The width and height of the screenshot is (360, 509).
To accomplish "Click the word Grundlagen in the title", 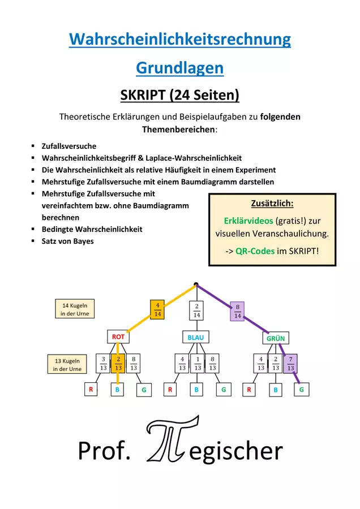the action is click(179, 68).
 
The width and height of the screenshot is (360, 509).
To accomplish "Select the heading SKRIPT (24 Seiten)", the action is click(179, 95).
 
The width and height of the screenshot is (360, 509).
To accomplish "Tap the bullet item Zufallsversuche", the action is click(69, 146).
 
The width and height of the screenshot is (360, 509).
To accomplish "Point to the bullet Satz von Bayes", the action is click(67, 241).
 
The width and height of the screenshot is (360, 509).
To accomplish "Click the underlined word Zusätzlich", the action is click(272, 204).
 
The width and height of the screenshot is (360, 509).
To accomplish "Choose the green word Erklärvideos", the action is click(248, 221).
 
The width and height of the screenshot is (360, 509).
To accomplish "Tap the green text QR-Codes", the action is click(255, 251).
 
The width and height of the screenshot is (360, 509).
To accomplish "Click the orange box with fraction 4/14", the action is click(157, 310).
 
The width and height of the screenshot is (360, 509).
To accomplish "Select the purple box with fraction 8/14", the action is click(238, 311).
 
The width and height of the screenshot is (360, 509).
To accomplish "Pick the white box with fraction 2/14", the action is click(196, 310).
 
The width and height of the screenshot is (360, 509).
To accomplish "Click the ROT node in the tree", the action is click(118, 337).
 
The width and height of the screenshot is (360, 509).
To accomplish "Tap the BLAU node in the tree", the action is click(196, 337).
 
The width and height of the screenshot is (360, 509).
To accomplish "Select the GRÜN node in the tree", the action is click(276, 338).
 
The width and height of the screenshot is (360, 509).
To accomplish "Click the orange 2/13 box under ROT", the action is click(118, 363).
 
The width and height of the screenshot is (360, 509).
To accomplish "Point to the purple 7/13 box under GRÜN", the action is click(290, 364).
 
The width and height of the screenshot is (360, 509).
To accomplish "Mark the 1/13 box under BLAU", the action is click(198, 363).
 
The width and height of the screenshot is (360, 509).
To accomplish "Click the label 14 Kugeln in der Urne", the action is click(75, 309).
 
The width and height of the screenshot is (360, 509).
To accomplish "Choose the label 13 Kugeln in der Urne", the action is click(67, 364).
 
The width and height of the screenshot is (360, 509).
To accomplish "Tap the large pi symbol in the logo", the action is click(173, 439).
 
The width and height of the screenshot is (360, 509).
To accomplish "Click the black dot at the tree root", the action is click(196, 284).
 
